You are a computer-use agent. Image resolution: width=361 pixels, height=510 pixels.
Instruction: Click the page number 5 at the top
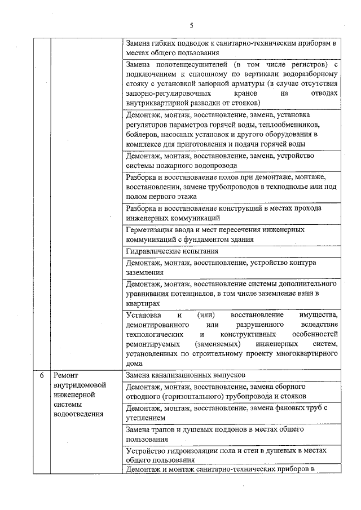191,25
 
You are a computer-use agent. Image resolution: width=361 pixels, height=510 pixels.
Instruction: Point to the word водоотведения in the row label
78,414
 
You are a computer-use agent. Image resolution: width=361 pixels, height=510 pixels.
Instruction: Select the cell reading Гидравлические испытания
171,251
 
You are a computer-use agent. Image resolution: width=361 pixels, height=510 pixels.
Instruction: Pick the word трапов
165,430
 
